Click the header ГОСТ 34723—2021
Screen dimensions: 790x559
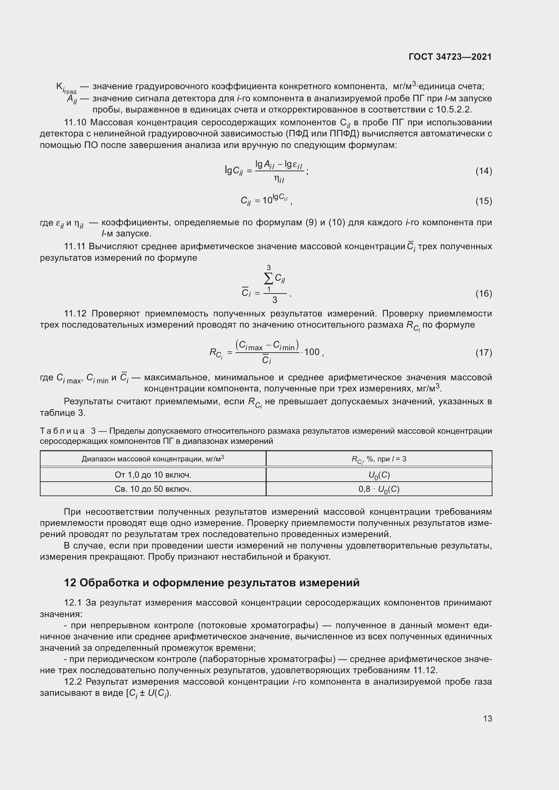point(450,57)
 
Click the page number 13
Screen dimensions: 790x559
point(487,718)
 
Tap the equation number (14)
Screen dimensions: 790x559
point(484,171)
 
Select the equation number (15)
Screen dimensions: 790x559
point(484,201)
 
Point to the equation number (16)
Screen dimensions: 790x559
point(484,294)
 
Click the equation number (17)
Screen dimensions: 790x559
point(484,352)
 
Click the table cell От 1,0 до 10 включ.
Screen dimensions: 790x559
point(153,475)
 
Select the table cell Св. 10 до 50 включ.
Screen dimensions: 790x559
point(153,489)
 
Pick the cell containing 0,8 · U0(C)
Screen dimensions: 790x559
point(379,489)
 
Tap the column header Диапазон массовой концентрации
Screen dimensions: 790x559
point(153,459)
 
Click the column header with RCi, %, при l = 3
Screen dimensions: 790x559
point(379,459)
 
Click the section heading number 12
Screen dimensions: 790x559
point(70,583)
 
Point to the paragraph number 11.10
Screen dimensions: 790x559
point(75,123)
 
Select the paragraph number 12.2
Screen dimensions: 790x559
point(73,682)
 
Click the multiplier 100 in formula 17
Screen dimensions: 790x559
point(312,352)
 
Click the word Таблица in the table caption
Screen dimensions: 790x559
point(62,431)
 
